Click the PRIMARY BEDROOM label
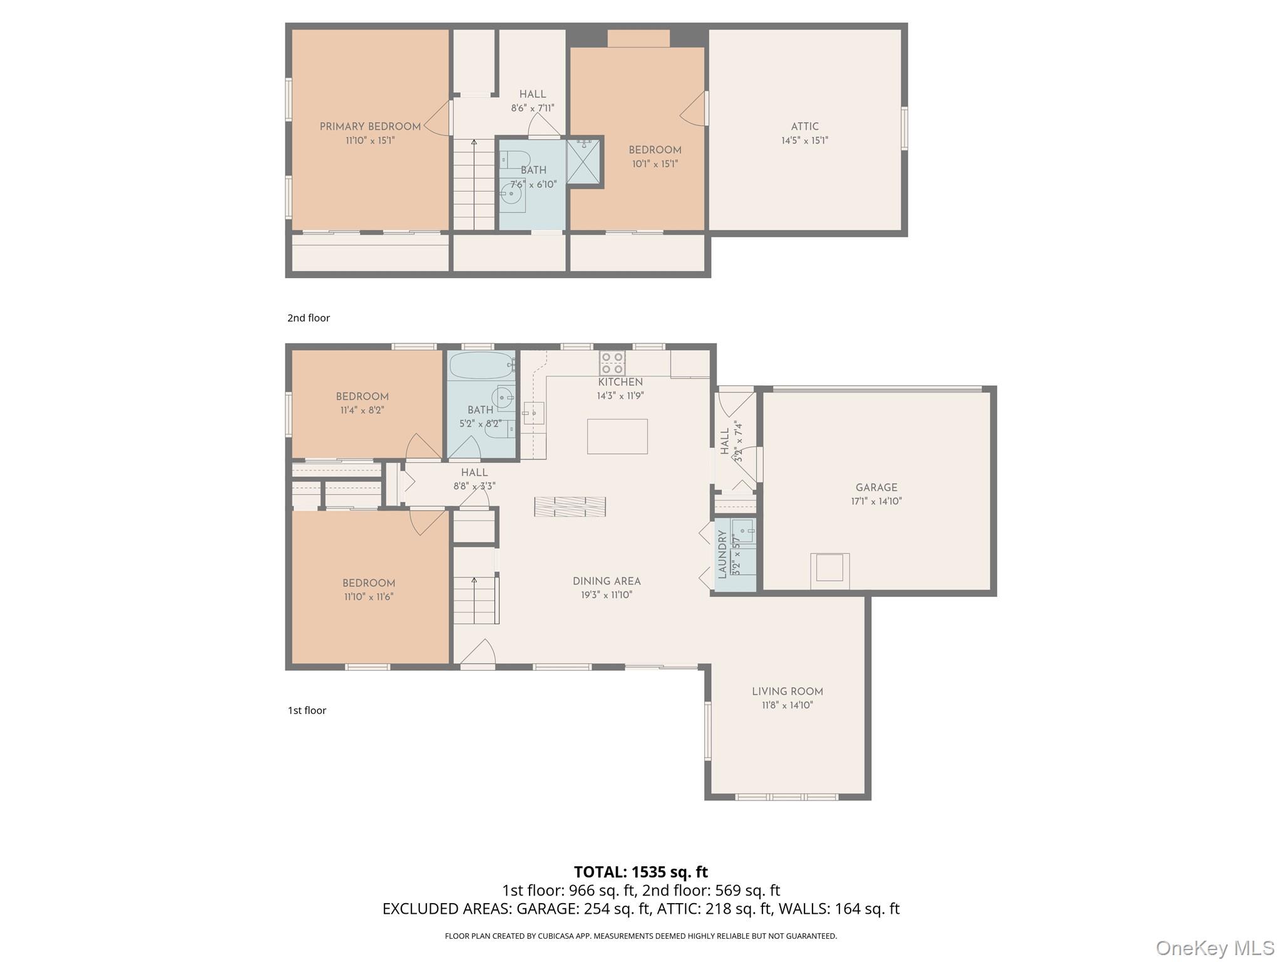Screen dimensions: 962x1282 tap(370, 127)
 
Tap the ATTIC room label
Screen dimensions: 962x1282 tap(804, 127)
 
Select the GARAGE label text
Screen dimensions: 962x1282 tap(876, 487)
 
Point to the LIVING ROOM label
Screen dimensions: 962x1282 tap(787, 691)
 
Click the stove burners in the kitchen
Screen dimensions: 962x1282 tap(612, 363)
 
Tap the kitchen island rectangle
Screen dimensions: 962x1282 tap(617, 437)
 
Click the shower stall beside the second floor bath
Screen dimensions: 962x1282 tap(583, 162)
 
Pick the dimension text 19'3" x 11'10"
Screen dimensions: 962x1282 tap(607, 595)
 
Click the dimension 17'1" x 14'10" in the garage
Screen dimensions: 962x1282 tap(876, 501)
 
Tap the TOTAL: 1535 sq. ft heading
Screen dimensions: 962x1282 tap(640, 872)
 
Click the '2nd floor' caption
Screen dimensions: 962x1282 tap(309, 318)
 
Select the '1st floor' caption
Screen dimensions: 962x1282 tap(307, 710)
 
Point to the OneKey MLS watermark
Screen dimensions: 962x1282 tap(1214, 948)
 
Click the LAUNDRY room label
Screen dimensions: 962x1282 tap(722, 554)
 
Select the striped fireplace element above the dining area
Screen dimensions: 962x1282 tap(570, 507)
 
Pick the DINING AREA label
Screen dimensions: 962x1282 tap(607, 581)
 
